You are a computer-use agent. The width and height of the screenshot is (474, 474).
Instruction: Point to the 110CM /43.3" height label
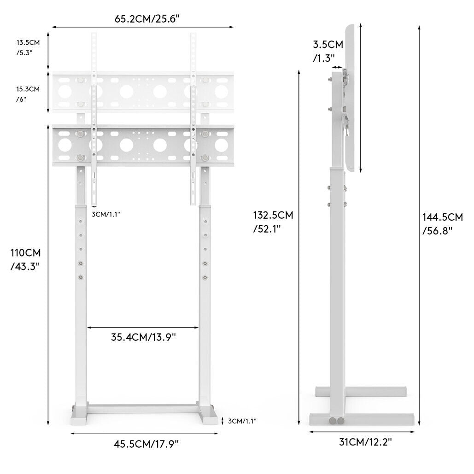point(26,259)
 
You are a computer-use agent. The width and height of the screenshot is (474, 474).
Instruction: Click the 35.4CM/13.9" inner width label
point(143,337)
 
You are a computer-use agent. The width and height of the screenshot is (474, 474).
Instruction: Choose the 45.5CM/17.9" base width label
point(146,444)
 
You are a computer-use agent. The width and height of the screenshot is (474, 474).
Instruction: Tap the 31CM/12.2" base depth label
point(365,442)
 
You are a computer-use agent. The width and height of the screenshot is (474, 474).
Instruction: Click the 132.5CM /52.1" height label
point(273,222)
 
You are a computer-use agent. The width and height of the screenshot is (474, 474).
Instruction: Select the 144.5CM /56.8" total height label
point(443,223)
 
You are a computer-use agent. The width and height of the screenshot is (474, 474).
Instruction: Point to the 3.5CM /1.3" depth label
point(328,51)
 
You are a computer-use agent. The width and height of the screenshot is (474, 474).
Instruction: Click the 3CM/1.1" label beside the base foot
point(242,421)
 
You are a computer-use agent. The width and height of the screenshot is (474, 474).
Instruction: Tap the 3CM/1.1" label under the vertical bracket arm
point(106,214)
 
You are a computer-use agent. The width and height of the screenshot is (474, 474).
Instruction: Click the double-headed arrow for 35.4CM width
point(143,328)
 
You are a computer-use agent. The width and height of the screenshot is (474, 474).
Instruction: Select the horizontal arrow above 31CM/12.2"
point(362,432)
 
